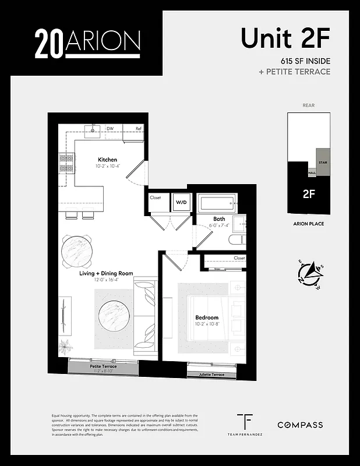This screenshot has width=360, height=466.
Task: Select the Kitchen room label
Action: (x=107, y=160)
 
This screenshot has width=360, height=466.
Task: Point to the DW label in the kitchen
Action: (x=110, y=129)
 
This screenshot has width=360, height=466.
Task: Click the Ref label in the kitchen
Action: (x=139, y=129)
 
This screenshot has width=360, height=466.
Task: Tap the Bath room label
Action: (x=219, y=220)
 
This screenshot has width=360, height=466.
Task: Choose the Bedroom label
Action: (x=206, y=318)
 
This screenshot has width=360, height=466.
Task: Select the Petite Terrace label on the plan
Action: (x=103, y=366)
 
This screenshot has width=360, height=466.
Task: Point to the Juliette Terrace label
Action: (x=211, y=375)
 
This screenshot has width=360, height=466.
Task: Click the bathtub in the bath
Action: (x=216, y=204)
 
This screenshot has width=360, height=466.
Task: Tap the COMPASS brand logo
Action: (x=299, y=425)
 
